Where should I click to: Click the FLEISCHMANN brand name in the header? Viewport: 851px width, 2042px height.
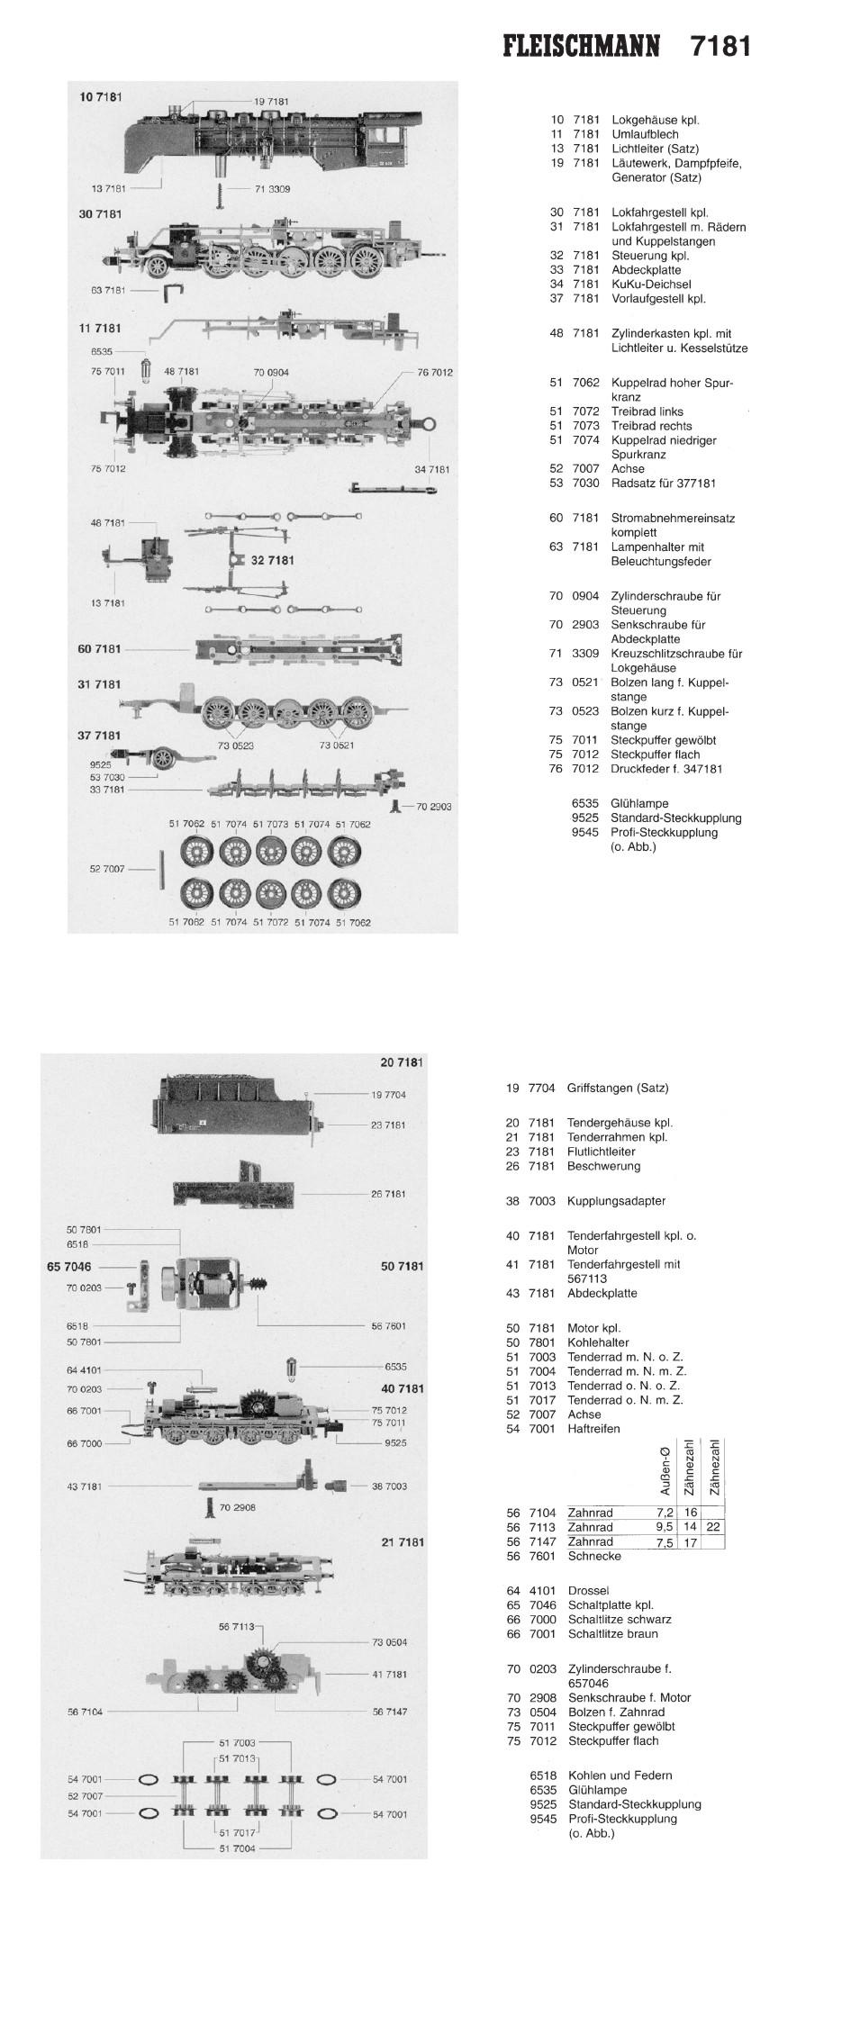click(582, 46)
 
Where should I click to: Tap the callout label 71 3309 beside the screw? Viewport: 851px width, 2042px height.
click(272, 189)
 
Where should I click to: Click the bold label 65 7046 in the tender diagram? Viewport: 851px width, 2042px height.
click(69, 1266)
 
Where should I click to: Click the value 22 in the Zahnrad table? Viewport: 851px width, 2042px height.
click(712, 1527)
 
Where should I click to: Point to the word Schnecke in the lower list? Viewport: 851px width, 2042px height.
click(594, 1556)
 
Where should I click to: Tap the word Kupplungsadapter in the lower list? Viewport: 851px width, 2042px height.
click(616, 1201)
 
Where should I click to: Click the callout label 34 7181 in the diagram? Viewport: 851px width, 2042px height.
click(432, 469)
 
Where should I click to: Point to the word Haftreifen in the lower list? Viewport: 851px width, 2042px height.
click(593, 1429)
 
